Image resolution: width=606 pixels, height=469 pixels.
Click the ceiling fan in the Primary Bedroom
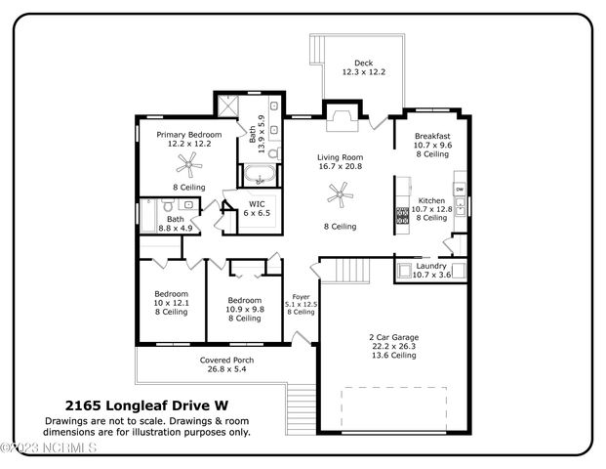tap(189, 165)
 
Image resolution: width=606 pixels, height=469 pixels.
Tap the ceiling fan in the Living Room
tap(341, 194)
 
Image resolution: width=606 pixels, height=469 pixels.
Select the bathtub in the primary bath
tap(260, 175)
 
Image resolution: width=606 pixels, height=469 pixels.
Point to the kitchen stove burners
tap(402, 216)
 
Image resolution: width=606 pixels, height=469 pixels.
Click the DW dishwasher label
tap(460, 190)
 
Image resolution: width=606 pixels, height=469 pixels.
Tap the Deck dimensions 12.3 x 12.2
tap(364, 72)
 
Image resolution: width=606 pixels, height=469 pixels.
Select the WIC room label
tap(257, 204)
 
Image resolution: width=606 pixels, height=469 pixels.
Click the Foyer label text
tap(302, 297)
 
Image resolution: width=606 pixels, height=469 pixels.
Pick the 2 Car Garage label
tap(394, 337)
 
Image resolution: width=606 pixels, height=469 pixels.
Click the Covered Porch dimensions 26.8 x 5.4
tap(226, 369)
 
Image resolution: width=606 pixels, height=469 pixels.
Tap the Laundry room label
tap(431, 266)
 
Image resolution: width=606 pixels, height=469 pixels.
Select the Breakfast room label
tap(432, 136)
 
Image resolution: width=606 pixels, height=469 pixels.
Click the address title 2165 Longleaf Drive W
tap(146, 405)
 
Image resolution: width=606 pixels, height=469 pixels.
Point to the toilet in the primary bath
tap(274, 153)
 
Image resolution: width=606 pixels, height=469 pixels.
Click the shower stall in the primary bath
tap(228, 106)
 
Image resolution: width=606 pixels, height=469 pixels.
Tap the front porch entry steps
tap(302, 409)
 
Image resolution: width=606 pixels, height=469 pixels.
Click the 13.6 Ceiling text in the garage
tap(394, 356)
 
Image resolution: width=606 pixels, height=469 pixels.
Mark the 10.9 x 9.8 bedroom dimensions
tap(245, 309)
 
